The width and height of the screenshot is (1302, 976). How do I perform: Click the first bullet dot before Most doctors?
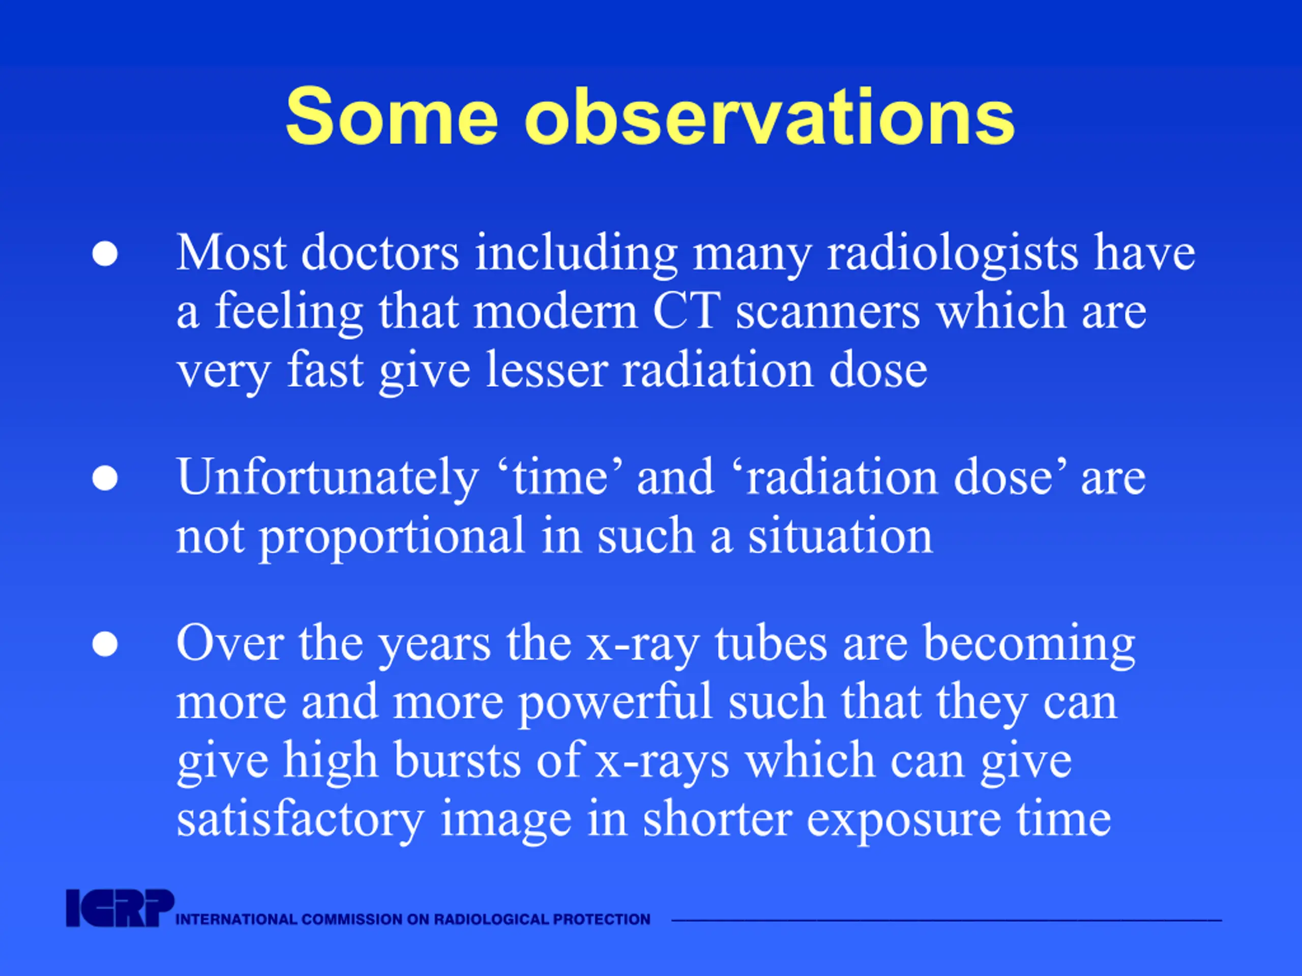tap(105, 254)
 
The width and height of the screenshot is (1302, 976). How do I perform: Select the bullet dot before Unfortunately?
tap(105, 478)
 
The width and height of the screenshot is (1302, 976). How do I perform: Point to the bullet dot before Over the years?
tap(105, 644)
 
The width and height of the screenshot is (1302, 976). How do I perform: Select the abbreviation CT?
tap(686, 311)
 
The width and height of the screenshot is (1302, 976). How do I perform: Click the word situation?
tap(840, 535)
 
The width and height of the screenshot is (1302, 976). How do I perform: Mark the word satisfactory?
tap(300, 820)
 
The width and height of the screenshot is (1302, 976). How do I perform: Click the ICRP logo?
tap(120, 908)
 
